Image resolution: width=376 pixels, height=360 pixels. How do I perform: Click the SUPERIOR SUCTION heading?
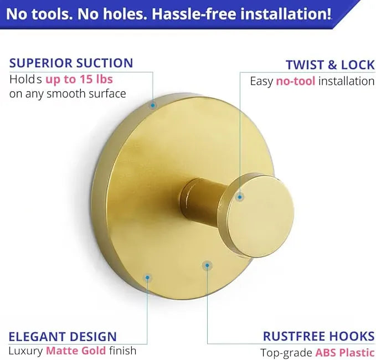pyautogui.click(x=71, y=63)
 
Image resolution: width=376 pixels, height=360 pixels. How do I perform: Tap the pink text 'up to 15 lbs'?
pyautogui.click(x=79, y=79)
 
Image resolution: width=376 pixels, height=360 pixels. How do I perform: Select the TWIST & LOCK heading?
pyautogui.click(x=330, y=65)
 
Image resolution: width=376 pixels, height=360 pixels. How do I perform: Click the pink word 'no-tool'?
pyautogui.click(x=296, y=81)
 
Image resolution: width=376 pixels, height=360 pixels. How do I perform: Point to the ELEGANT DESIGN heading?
pyautogui.click(x=63, y=337)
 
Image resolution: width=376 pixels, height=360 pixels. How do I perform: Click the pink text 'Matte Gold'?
pyautogui.click(x=76, y=351)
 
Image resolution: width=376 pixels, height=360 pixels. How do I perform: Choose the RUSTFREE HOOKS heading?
pyautogui.click(x=319, y=336)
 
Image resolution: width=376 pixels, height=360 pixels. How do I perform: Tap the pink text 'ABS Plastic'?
pyautogui.click(x=345, y=353)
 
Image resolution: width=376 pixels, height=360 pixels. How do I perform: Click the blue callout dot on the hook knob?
pyautogui.click(x=240, y=197)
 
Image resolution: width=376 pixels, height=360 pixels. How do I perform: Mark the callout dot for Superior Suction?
pyautogui.click(x=152, y=105)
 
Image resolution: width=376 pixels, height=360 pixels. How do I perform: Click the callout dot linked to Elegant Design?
pyautogui.click(x=147, y=277)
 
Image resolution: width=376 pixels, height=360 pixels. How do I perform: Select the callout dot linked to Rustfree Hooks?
pyautogui.click(x=207, y=265)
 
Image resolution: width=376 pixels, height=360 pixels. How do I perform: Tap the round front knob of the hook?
pyautogui.click(x=259, y=216)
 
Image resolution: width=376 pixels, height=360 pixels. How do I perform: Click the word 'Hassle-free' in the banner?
pyautogui.click(x=194, y=14)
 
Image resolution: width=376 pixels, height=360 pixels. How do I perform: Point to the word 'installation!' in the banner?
pyautogui.click(x=286, y=14)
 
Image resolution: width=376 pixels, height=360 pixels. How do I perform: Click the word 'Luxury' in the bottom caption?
pyautogui.click(x=25, y=351)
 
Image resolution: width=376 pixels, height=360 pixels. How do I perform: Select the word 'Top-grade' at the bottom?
pyautogui.click(x=286, y=353)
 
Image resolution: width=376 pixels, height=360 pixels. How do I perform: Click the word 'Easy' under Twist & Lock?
pyautogui.click(x=261, y=81)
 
